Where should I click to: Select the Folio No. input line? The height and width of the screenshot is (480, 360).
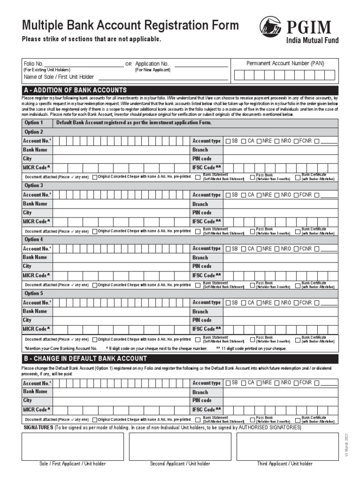[x=84, y=64]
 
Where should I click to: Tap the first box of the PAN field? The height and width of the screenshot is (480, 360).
[x=239, y=75]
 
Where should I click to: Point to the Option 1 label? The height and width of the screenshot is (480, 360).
[x=34, y=123]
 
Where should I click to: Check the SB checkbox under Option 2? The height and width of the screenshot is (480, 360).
[x=228, y=141]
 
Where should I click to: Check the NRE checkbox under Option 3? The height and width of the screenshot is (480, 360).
[x=259, y=195]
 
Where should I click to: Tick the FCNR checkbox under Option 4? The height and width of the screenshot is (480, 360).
[x=296, y=249]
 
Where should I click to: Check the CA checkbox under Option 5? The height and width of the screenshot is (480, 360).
[x=244, y=303]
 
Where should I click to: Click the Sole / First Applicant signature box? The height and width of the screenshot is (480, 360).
[x=73, y=446]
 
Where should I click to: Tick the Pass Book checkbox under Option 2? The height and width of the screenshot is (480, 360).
[x=252, y=177]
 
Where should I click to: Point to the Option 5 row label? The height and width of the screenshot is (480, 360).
[x=34, y=293]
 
